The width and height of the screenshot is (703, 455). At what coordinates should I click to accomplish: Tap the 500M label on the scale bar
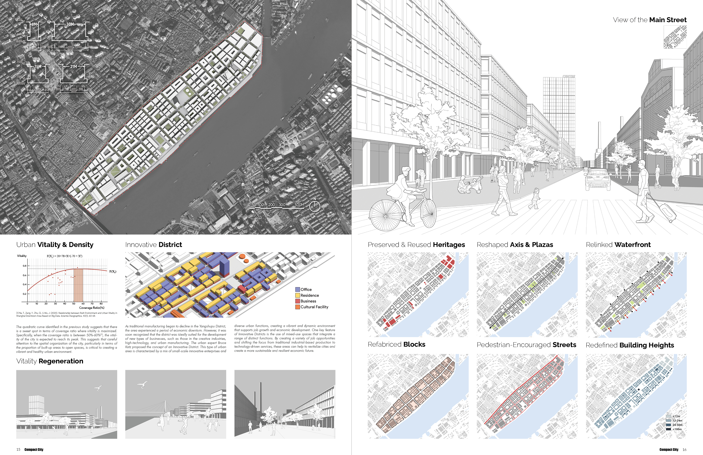299,205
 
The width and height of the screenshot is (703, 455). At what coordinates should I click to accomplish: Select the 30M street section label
70,24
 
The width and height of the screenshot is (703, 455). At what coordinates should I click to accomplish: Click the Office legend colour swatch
298,290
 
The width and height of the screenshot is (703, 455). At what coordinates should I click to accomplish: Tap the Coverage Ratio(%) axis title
92,308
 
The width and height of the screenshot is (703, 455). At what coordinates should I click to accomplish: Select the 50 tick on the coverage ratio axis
74,303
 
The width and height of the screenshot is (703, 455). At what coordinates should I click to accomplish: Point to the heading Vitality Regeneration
50,361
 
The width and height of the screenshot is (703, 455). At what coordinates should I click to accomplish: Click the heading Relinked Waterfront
618,245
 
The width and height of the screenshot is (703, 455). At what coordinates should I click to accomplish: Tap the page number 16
684,450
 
